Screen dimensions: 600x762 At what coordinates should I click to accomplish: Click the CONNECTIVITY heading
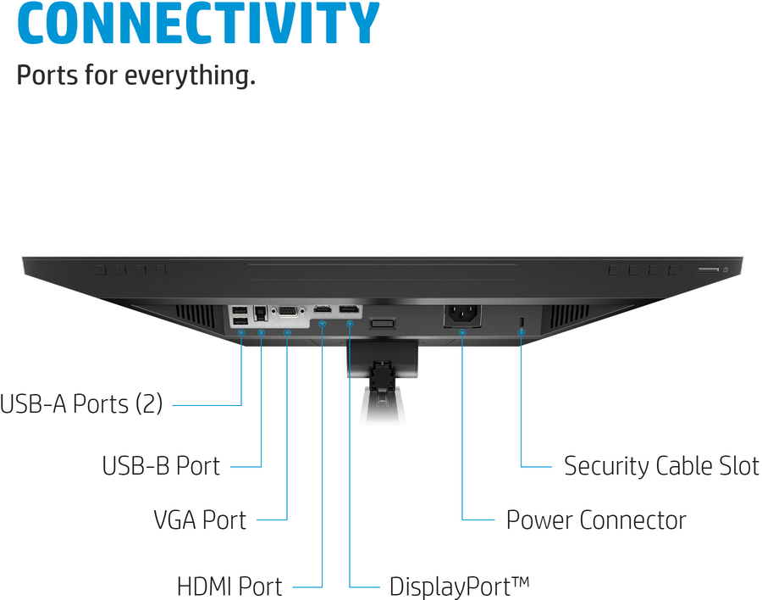click(x=198, y=24)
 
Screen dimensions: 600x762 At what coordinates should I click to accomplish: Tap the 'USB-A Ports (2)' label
click(x=81, y=403)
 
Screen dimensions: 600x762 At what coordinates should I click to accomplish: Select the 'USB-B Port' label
click(x=161, y=465)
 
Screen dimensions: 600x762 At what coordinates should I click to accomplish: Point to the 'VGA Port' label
click(x=200, y=519)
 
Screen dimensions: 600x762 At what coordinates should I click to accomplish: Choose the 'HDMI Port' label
click(x=229, y=586)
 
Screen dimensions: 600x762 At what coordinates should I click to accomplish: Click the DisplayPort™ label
click(x=459, y=586)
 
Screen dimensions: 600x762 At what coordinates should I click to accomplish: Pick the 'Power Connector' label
click(x=596, y=519)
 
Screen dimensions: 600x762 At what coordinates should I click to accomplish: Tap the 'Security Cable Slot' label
click(x=661, y=465)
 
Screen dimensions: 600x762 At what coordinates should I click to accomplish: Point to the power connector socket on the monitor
click(x=462, y=314)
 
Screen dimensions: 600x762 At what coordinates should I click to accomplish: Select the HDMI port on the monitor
click(x=323, y=310)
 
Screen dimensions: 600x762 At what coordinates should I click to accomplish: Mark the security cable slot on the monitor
click(x=522, y=319)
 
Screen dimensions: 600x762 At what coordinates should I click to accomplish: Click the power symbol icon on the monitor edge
click(x=726, y=269)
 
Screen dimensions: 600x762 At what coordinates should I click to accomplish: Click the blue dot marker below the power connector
click(x=462, y=332)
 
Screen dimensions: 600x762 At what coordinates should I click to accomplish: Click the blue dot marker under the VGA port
click(x=288, y=332)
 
